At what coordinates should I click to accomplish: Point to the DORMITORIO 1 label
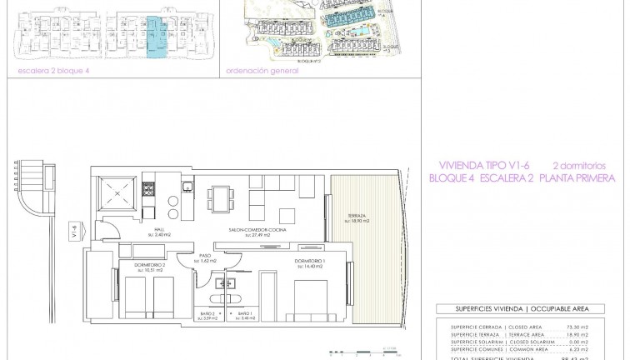(x=309, y=261)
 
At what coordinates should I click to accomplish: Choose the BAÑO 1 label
(x=244, y=314)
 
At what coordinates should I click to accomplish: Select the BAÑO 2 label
(x=210, y=314)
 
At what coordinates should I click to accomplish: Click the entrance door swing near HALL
(x=106, y=225)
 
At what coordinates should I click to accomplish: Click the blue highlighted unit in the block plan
(x=155, y=38)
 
